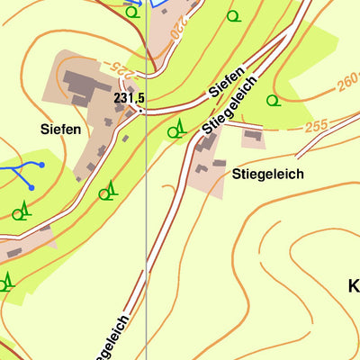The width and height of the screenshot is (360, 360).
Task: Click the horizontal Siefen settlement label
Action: click(61, 130)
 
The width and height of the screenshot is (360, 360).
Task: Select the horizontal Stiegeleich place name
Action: click(267, 174)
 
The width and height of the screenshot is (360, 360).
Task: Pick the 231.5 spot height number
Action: click(130, 96)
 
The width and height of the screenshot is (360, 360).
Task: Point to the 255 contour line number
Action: click(316, 127)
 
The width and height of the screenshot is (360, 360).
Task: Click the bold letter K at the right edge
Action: click(353, 286)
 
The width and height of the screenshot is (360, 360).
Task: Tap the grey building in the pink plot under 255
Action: click(253, 138)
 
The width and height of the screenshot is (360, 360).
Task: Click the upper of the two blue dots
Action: click(40, 165)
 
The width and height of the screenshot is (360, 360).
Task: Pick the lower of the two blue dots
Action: click(30, 187)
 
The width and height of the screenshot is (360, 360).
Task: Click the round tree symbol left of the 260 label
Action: click(273, 100)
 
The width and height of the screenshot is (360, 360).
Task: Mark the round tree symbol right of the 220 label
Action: click(233, 15)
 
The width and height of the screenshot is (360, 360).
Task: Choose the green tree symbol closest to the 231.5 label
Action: click(175, 130)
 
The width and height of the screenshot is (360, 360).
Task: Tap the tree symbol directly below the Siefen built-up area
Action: click(107, 191)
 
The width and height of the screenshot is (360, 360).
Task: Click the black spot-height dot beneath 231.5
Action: click(138, 109)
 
